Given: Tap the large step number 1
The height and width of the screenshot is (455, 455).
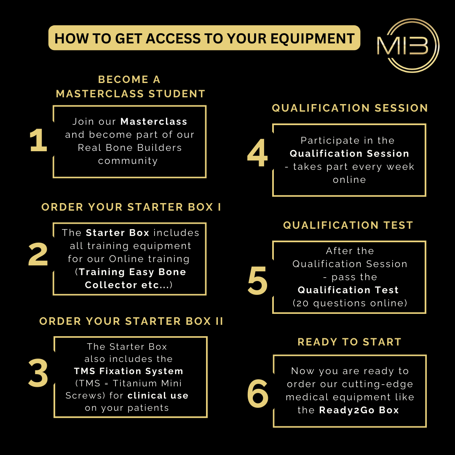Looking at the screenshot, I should coord(38,141).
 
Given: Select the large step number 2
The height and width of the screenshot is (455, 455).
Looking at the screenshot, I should coord(38,255).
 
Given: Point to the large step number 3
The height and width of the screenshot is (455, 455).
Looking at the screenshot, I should coord(38,374).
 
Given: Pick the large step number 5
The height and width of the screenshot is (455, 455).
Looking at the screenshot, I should coord(257,281).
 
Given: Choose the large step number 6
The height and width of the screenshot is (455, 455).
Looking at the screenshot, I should coord(257,395).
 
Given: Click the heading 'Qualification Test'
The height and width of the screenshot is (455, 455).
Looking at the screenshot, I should coord(348,225).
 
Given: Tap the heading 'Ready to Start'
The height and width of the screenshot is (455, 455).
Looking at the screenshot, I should coord(350,342).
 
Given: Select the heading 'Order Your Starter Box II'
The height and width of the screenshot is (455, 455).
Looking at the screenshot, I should coord(131,321).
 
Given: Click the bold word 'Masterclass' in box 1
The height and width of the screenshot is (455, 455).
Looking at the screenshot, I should coord(154,122).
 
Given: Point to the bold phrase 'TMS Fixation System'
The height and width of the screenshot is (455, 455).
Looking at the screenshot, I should coord(129,371).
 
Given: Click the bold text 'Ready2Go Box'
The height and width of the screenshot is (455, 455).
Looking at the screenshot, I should coord(359,410).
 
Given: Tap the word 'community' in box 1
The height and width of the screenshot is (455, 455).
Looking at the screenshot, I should coord(128,161).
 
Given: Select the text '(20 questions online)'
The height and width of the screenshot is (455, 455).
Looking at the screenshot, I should coord(350,303).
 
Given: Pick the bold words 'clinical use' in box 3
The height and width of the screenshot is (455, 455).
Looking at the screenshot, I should coord(158,396).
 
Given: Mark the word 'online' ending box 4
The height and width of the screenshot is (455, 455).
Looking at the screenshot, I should coord(350,180).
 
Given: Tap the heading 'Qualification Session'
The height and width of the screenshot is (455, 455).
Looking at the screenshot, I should coord(350,108).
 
